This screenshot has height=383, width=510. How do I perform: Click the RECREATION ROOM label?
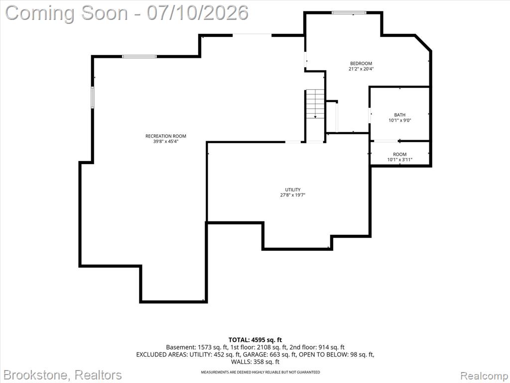coord(165,136)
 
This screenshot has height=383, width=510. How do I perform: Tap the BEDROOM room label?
coord(361,63)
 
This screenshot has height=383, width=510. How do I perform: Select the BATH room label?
coord(400,115)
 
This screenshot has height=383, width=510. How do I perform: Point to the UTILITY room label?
coord(293,190)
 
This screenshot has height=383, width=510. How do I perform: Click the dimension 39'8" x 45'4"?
coord(166,142)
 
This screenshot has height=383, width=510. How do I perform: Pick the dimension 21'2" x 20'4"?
coord(361,69)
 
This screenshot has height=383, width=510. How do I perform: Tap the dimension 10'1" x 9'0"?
coord(400,121)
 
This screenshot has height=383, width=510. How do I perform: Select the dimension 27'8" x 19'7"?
coord(293,195)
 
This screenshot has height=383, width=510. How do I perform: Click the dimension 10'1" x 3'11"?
coord(400,160)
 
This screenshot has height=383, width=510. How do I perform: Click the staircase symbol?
coord(315,104)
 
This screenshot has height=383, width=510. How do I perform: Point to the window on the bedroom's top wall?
coord(349,12)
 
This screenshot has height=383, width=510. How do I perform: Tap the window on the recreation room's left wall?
coord(92,97)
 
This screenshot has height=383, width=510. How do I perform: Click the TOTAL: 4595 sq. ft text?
coord(255,340)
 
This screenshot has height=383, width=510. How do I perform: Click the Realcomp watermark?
coord(484,376)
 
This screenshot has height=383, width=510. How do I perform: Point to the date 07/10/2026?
coord(198,13)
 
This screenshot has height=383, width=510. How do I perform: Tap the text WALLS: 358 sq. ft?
coord(255,362)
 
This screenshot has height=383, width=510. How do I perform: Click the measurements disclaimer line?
coord(260,372)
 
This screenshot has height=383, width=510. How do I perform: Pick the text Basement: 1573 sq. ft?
coord(197,347)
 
